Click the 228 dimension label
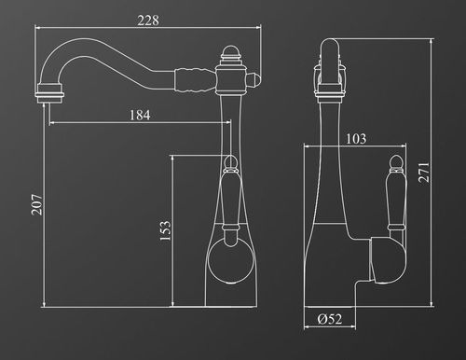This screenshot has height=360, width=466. click(148, 21)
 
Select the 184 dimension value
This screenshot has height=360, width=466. click(140, 116)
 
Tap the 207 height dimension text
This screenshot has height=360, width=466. click(36, 204)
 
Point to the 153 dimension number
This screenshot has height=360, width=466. click(165, 230)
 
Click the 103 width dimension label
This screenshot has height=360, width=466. click(356, 139)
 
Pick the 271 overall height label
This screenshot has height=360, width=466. click(424, 173)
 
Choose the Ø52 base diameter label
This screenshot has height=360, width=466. click(330, 319)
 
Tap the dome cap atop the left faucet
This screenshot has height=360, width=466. click(230, 51)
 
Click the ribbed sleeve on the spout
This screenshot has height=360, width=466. click(195, 79)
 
